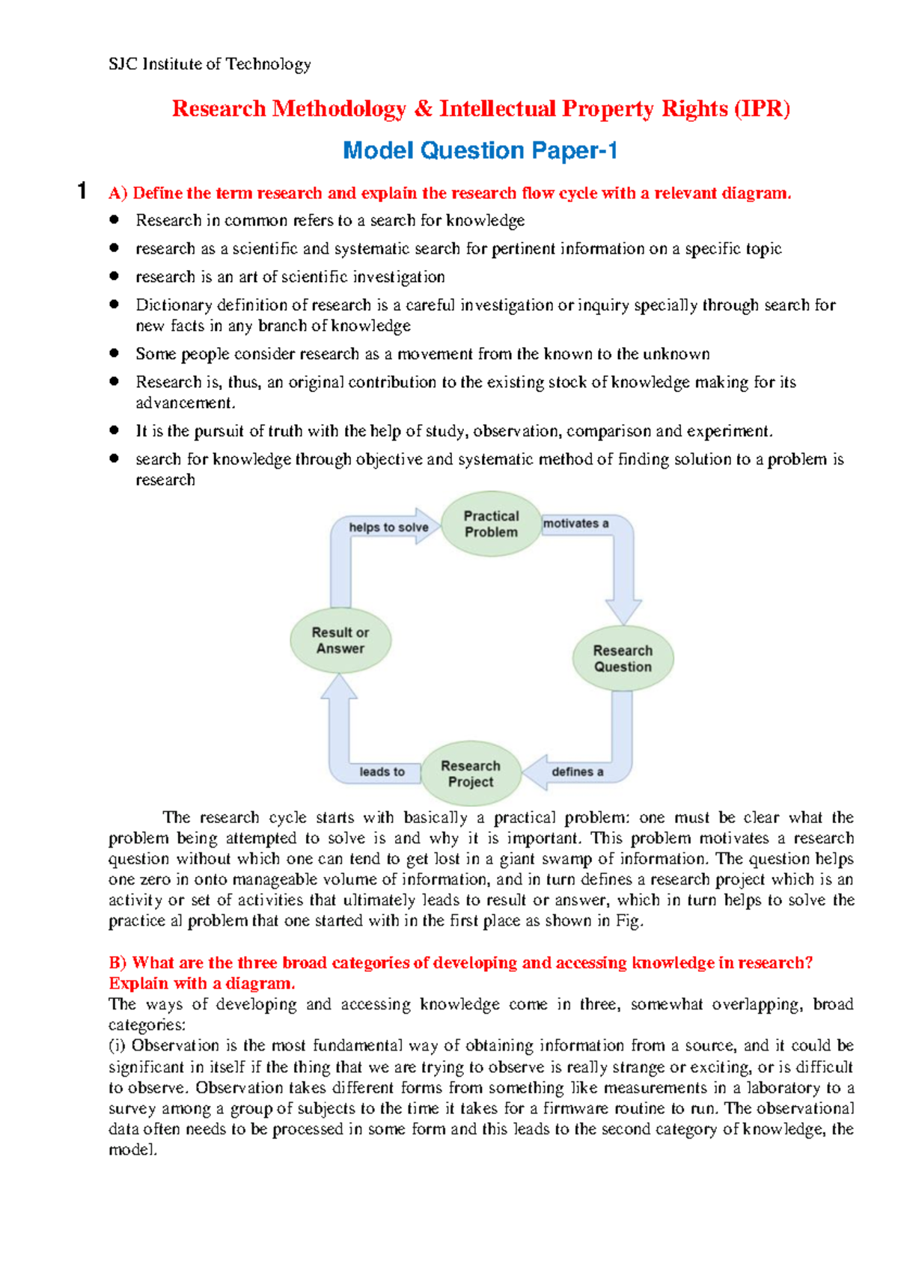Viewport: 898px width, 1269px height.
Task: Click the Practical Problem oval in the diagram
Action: pos(491,524)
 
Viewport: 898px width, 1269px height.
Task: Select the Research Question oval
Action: pos(623,658)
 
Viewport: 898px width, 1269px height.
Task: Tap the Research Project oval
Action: pos(471,774)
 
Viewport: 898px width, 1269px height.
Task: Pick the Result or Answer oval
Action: pos(340,640)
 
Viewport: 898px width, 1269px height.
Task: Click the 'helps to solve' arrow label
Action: pos(388,528)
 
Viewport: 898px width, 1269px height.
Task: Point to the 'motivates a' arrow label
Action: pos(575,524)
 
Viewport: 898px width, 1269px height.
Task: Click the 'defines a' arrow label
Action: pos(577,771)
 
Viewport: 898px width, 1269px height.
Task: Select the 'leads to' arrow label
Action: pos(382,771)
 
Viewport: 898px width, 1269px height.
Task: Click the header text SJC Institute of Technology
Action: pos(210,64)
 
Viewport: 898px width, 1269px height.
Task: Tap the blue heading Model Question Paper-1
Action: pos(480,151)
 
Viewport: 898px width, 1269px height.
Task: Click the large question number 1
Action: pos(82,191)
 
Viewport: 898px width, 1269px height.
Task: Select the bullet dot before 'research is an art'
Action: pos(114,276)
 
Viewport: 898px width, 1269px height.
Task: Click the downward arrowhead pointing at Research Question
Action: pos(623,612)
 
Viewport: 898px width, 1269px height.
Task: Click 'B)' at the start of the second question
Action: pos(118,963)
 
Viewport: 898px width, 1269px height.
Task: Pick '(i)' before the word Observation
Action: pos(118,1046)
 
